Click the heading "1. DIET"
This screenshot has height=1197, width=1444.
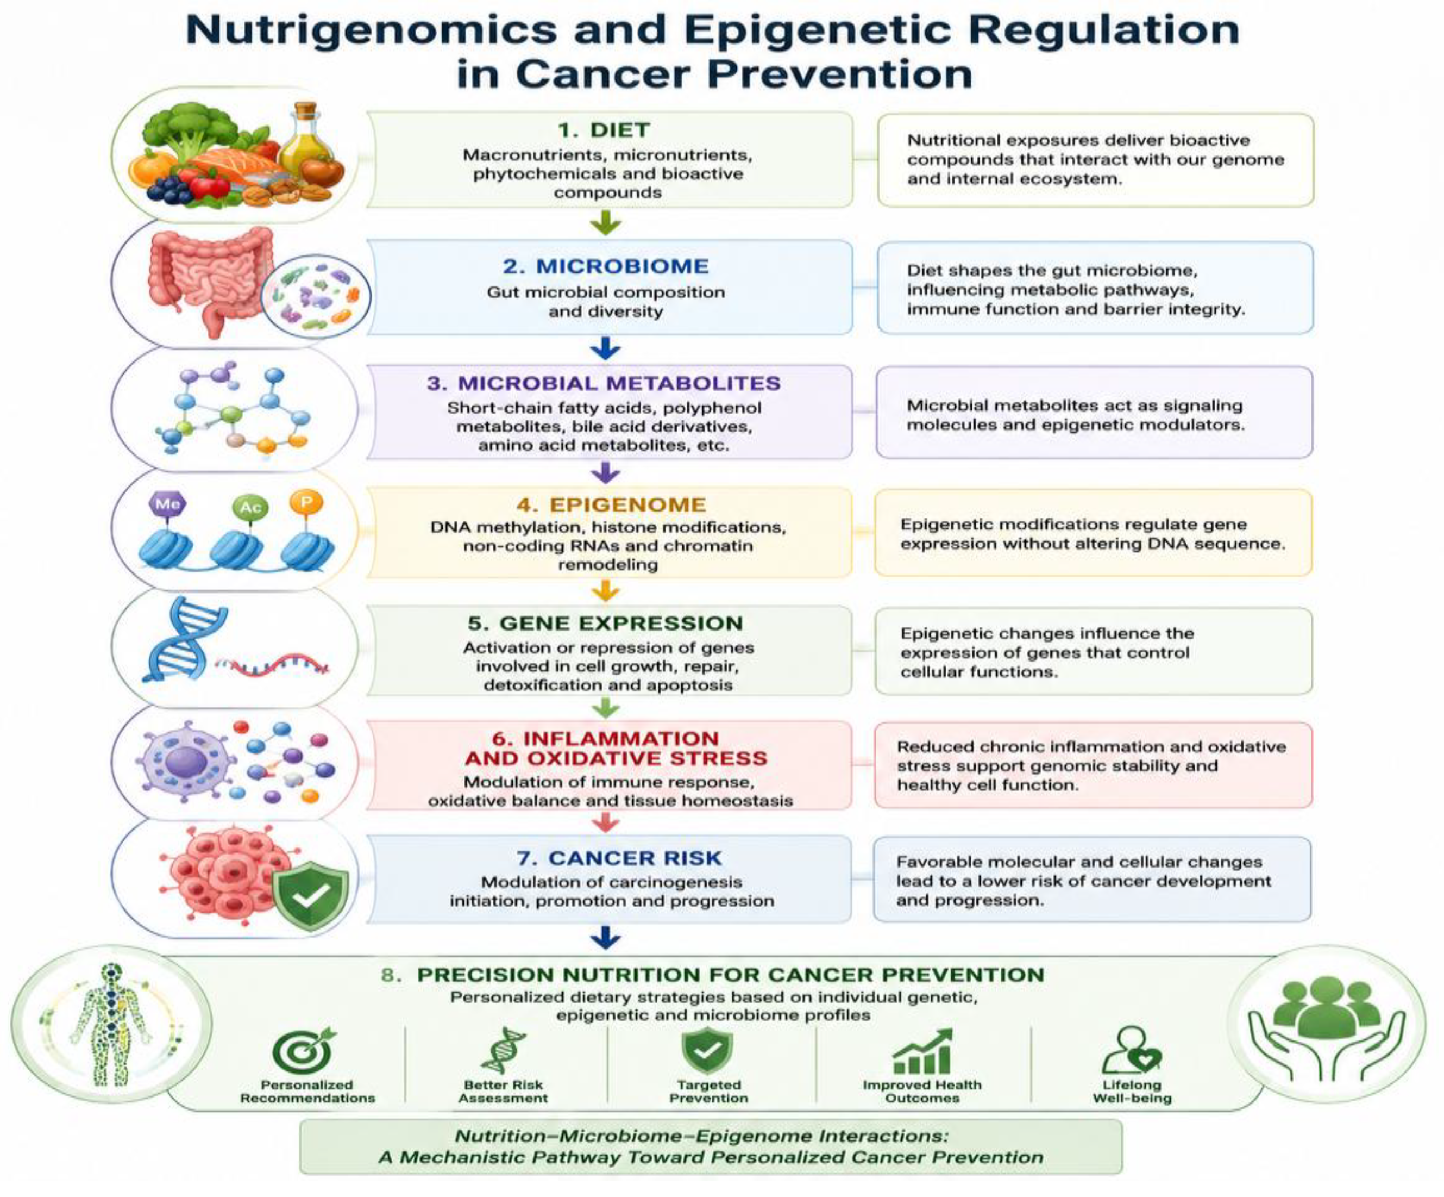pos(604,130)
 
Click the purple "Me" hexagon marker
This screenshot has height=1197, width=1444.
pos(168,504)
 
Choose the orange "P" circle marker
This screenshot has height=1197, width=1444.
pos(306,502)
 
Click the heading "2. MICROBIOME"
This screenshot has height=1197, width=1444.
pos(605,266)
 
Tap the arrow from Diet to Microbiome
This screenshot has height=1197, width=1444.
pos(605,223)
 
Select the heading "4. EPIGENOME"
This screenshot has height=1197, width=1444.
pos(611,505)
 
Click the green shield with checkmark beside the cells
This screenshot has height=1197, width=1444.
pos(311,894)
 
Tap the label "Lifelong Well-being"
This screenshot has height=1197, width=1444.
pos(1132,1092)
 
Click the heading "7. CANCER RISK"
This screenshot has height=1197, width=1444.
pos(619,858)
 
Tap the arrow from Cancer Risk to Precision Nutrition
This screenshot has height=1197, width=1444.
pos(605,938)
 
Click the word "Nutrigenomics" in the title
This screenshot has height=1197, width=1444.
pos(371,31)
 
